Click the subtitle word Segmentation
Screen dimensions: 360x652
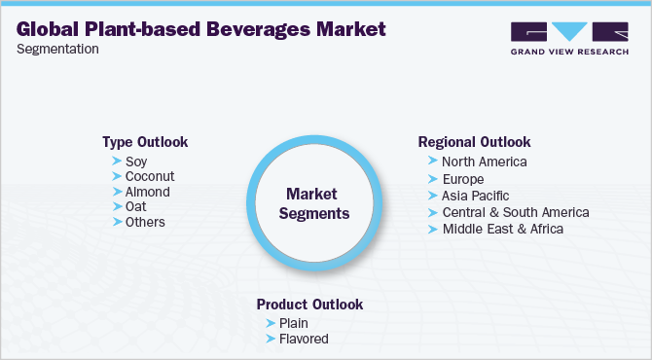tap(57, 50)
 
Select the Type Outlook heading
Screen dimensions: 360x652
tap(145, 142)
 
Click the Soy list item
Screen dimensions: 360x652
tap(136, 162)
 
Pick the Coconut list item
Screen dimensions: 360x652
tap(150, 177)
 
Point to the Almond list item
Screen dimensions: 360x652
tap(147, 192)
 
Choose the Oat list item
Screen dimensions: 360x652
tap(135, 207)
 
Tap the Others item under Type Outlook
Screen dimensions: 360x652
tap(145, 222)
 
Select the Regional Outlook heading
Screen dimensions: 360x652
tap(474, 142)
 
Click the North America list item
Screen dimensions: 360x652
tap(484, 162)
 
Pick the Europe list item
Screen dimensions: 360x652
tap(462, 180)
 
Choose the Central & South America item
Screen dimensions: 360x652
tap(515, 212)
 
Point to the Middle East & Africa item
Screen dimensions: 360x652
tap(502, 229)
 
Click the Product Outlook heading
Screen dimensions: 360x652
tap(309, 305)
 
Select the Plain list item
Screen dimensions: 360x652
tap(294, 323)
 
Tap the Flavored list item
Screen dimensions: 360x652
tap(303, 340)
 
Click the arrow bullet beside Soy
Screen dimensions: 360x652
tap(117, 162)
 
